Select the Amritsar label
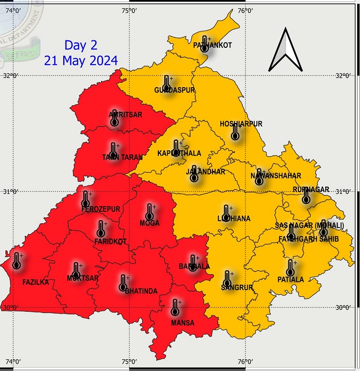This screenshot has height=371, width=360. pyautogui.click(x=125, y=115)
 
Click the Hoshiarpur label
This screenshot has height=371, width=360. pyautogui.click(x=241, y=124)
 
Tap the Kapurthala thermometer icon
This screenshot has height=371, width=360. pyautogui.click(x=177, y=146)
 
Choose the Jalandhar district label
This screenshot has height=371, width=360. pyautogui.click(x=205, y=172)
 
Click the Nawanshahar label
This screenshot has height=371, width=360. pyautogui.click(x=276, y=176)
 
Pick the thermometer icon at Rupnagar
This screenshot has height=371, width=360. pyautogui.click(x=306, y=196)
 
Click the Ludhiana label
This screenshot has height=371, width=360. pyautogui.click(x=234, y=218)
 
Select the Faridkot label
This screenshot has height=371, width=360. pyautogui.click(x=110, y=241)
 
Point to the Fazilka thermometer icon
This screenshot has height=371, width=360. pyautogui.click(x=17, y=261)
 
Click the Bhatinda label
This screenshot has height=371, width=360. pyautogui.click(x=141, y=291)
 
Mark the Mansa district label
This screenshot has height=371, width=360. pyautogui.click(x=182, y=323)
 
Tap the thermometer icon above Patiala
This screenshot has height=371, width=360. pyautogui.click(x=291, y=268)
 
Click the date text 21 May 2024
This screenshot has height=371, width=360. pyautogui.click(x=81, y=61)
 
